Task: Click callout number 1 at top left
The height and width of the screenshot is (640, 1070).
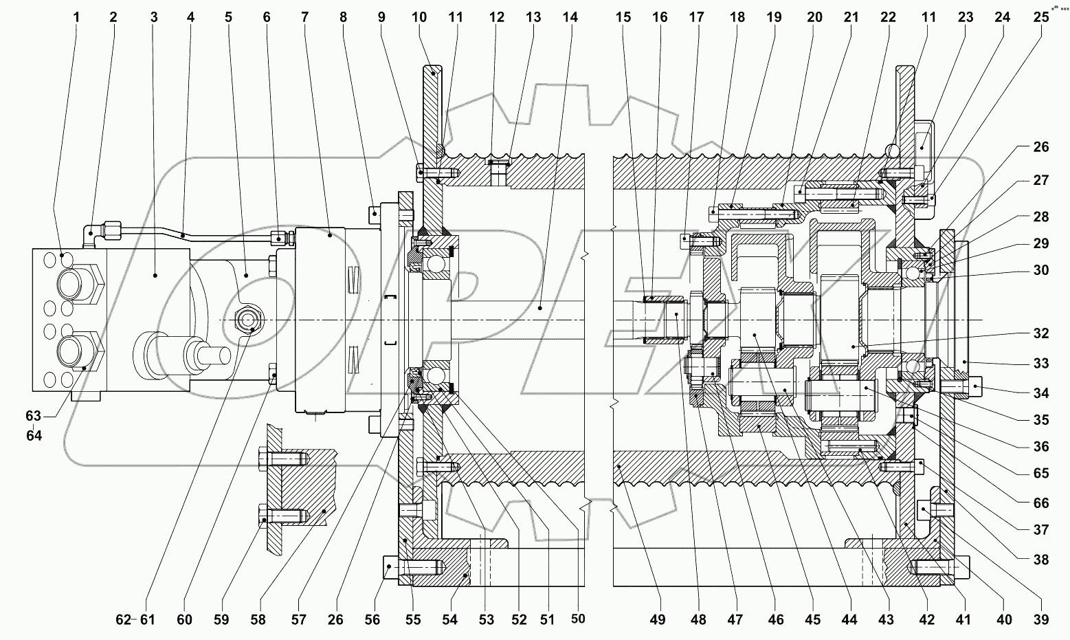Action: pyautogui.click(x=76, y=16)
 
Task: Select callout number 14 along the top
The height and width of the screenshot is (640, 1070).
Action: pyautogui.click(x=570, y=16)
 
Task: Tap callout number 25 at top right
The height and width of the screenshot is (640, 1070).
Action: pyautogui.click(x=1041, y=16)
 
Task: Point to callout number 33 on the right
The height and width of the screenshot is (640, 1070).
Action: pyautogui.click(x=1041, y=364)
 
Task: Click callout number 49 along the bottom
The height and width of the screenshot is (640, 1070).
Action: pyautogui.click(x=658, y=620)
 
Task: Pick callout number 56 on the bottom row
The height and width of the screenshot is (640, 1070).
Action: pyautogui.click(x=372, y=620)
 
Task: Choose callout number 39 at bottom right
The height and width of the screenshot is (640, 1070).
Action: pyautogui.click(x=1041, y=620)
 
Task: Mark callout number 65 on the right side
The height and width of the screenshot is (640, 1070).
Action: pyautogui.click(x=1041, y=473)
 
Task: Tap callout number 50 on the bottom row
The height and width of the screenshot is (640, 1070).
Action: pyautogui.click(x=578, y=619)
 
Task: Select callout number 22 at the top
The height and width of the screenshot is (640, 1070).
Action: pyautogui.click(x=888, y=16)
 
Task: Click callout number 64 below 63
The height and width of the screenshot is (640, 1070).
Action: pyautogui.click(x=34, y=435)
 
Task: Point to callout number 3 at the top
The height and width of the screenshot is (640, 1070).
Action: pyautogui.click(x=154, y=16)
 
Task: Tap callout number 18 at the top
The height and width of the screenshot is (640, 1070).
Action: pyautogui.click(x=737, y=16)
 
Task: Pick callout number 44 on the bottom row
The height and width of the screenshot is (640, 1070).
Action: pyautogui.click(x=849, y=620)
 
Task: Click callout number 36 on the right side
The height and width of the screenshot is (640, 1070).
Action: pyautogui.click(x=1041, y=447)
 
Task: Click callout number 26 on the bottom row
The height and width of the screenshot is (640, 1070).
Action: pyautogui.click(x=335, y=620)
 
